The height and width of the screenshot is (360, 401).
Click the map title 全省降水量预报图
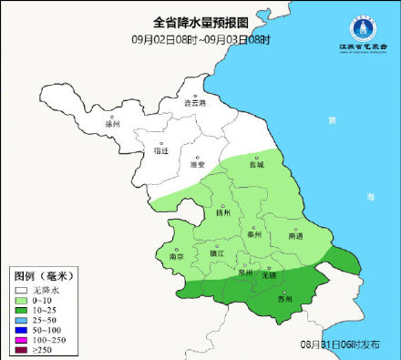point(200,21)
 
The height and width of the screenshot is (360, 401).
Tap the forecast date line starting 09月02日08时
point(200,39)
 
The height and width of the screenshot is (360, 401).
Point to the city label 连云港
point(196,103)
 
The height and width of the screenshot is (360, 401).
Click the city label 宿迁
point(162,150)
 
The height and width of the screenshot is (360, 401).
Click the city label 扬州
point(223,213)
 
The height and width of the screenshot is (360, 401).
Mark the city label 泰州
point(255,234)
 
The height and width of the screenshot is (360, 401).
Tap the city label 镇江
point(216,254)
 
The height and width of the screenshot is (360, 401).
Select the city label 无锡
point(269,274)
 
